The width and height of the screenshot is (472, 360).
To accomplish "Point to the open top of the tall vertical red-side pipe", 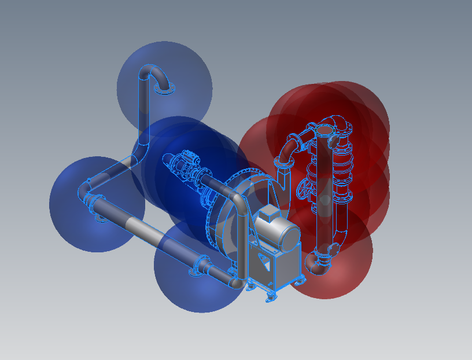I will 334,139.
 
